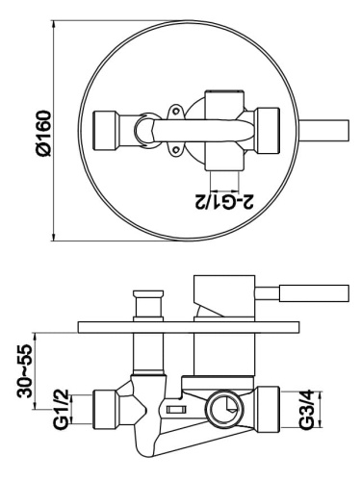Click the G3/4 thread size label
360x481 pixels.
[306, 412]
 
